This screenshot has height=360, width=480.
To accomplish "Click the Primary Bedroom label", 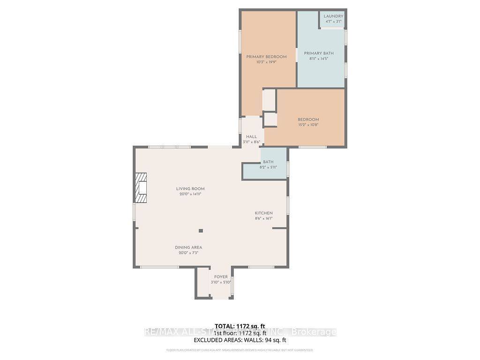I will coord(266,57).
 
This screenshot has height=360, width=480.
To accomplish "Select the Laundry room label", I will coord(333,16).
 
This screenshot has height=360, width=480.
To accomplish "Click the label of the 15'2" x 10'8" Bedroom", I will coord(308,120).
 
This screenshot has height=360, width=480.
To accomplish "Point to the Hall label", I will coord(251,137).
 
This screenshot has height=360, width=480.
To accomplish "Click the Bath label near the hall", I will coord(268,162).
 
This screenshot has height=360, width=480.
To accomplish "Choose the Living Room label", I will coord(191,189).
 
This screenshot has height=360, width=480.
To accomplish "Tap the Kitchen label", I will coord(263,213).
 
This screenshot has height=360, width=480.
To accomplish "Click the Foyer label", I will coord(221,277).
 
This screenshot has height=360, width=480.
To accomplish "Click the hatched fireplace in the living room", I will coord(141,187).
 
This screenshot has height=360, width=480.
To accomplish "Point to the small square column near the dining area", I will coord(201,231).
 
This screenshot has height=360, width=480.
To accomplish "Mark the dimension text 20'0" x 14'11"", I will coord(191,194).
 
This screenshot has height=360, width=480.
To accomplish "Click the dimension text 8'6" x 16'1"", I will coord(263,218).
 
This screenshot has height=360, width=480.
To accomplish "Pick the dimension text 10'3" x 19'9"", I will coord(266,62).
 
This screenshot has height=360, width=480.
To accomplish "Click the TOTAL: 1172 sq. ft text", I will coord(240,326).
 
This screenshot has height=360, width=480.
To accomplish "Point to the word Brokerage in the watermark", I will coord(314,332).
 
